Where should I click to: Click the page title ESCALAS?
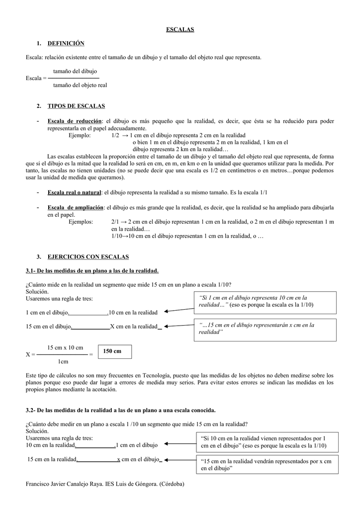click(x=180, y=30)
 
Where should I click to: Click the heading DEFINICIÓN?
click(x=66, y=44)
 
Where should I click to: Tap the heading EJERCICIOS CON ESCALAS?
click(x=88, y=256)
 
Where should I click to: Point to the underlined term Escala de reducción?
click(x=74, y=121)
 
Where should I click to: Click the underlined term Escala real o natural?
click(x=74, y=192)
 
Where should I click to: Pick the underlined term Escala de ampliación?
click(x=76, y=207)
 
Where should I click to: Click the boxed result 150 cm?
click(x=115, y=351)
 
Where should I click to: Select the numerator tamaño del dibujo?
click(x=75, y=72)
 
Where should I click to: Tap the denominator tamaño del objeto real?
click(x=80, y=85)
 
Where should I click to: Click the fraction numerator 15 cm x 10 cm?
click(x=65, y=347)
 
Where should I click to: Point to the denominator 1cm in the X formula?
click(x=63, y=361)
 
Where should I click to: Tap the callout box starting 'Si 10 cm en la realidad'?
click(x=268, y=442)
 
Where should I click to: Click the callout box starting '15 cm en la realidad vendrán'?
click(x=268, y=465)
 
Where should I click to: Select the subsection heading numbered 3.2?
click(x=121, y=411)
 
